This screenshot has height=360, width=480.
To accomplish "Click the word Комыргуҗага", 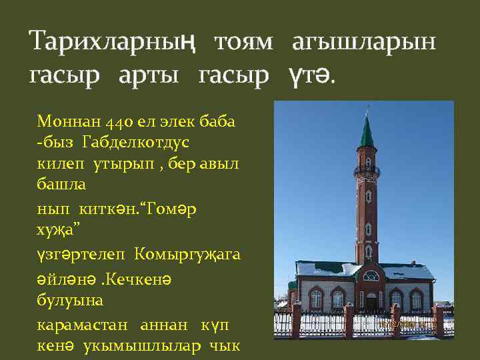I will click(x=188, y=254).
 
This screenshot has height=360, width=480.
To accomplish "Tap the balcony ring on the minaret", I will click(x=367, y=172).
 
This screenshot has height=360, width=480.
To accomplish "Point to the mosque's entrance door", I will click(x=371, y=300).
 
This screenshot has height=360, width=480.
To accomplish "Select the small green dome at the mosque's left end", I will click(x=292, y=284).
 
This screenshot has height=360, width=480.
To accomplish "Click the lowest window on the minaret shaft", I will click(x=367, y=251).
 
